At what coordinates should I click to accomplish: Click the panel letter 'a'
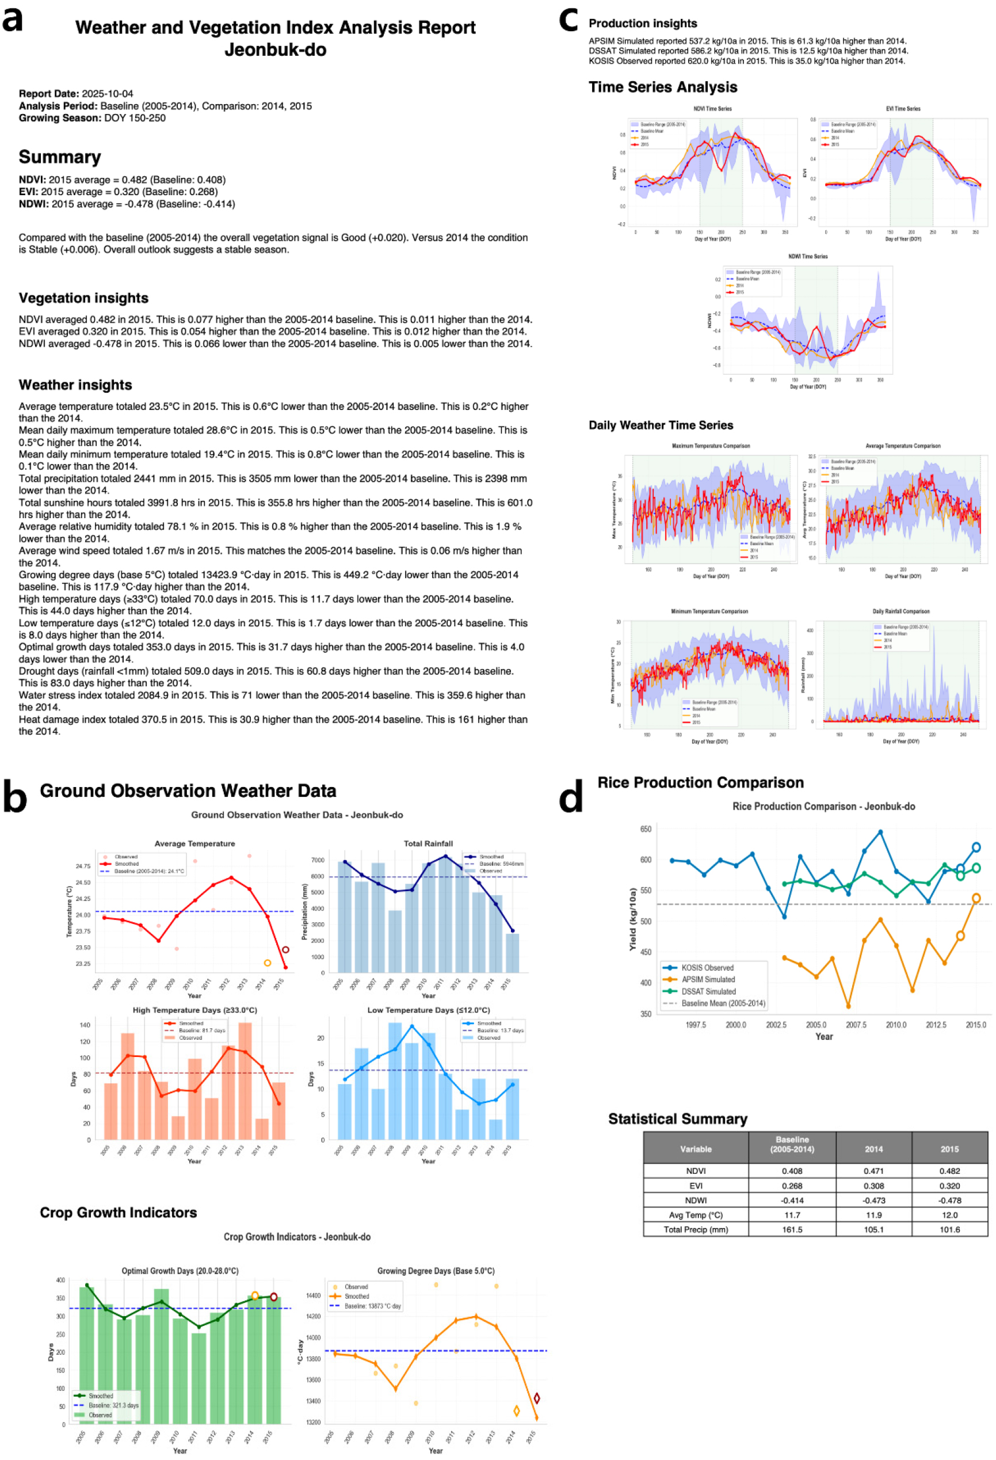(13, 20)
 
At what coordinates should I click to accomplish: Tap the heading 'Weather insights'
(75, 385)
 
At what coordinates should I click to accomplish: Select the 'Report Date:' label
(49, 94)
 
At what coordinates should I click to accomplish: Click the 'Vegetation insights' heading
(83, 298)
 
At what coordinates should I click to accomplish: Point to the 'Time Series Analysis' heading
(662, 87)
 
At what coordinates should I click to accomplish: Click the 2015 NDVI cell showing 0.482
(949, 1170)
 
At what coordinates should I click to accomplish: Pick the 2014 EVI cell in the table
(873, 1185)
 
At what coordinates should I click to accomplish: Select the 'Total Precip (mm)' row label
(695, 1230)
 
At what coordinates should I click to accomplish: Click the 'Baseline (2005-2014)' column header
(791, 1144)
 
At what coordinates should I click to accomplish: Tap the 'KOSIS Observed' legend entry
(707, 967)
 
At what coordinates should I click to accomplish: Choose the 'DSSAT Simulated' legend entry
(708, 991)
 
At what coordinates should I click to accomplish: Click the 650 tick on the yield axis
(646, 828)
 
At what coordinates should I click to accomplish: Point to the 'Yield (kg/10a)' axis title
(632, 918)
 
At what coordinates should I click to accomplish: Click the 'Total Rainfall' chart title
(428, 843)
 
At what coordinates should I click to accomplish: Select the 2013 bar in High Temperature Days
(245, 1081)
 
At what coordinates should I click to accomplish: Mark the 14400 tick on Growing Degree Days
(314, 1295)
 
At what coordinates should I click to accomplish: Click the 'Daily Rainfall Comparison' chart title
(900, 611)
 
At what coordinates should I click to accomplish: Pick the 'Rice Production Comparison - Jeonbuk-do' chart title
(823, 806)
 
